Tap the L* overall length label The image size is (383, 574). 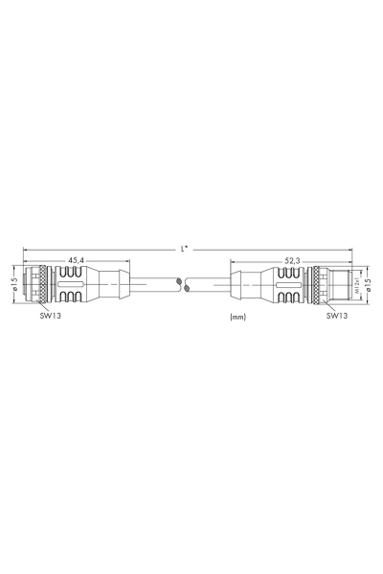[x=186, y=249]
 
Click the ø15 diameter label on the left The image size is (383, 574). [x=14, y=284]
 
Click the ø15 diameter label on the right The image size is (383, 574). [x=369, y=284]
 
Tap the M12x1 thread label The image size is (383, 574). [x=357, y=284]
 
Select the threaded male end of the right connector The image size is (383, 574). [x=342, y=284]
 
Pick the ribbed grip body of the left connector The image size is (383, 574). [x=72, y=284]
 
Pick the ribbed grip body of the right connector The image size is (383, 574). [x=287, y=284]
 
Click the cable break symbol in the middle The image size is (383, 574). [x=187, y=284]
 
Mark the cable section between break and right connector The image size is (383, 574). [x=211, y=284]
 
